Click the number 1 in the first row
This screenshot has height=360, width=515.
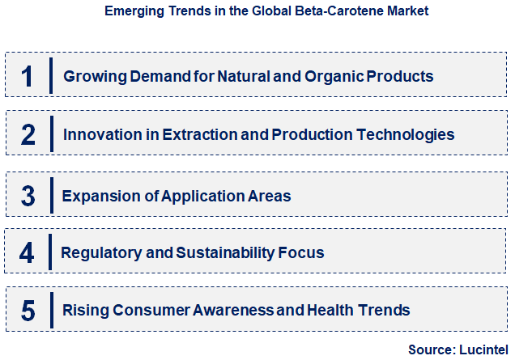(28, 76)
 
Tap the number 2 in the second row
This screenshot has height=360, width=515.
(28, 134)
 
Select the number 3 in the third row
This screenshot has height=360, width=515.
(28, 195)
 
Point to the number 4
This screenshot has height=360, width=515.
(28, 252)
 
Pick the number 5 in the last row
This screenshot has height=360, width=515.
(28, 310)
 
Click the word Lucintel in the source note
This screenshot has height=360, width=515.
(483, 349)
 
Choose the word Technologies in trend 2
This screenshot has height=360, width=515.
(402, 134)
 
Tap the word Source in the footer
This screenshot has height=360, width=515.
(430, 349)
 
